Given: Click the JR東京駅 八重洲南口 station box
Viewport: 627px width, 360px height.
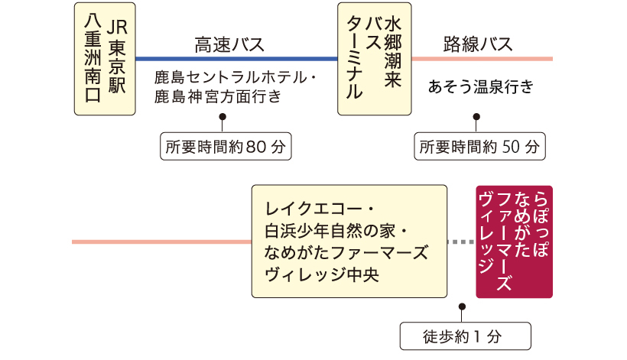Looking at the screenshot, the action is (105, 59).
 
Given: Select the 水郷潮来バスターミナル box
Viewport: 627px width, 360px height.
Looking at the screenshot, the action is (374, 59).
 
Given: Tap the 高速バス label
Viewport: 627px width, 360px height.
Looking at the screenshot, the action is (229, 44).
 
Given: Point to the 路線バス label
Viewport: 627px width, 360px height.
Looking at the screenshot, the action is (478, 44).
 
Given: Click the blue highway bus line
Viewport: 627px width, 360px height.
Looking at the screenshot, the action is (237, 59).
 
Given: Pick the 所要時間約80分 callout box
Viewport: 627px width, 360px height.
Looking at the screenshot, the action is (226, 147).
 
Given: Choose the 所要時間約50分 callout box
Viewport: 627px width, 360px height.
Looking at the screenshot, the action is (480, 147).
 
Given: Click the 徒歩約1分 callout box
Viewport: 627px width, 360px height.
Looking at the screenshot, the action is (466, 336).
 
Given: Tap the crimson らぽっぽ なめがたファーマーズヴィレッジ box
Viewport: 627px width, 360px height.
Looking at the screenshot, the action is (515, 242).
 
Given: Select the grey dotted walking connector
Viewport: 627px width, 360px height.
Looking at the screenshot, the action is (461, 242).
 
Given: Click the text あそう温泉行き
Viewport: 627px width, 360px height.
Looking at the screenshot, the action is (481, 86).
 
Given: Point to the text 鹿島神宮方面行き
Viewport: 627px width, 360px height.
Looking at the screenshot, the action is (218, 96).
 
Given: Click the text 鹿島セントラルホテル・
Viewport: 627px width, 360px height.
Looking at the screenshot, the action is (236, 77).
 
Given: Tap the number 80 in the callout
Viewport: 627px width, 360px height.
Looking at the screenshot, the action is (256, 147).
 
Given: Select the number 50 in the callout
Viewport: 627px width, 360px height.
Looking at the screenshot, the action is (511, 147).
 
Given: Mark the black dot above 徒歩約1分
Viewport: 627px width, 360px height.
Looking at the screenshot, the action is (463, 306).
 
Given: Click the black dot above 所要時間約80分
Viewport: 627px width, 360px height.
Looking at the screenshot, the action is (223, 117).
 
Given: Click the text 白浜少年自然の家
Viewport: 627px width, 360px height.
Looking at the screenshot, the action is (330, 231).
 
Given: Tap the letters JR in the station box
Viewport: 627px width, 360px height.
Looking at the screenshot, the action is (117, 28).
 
